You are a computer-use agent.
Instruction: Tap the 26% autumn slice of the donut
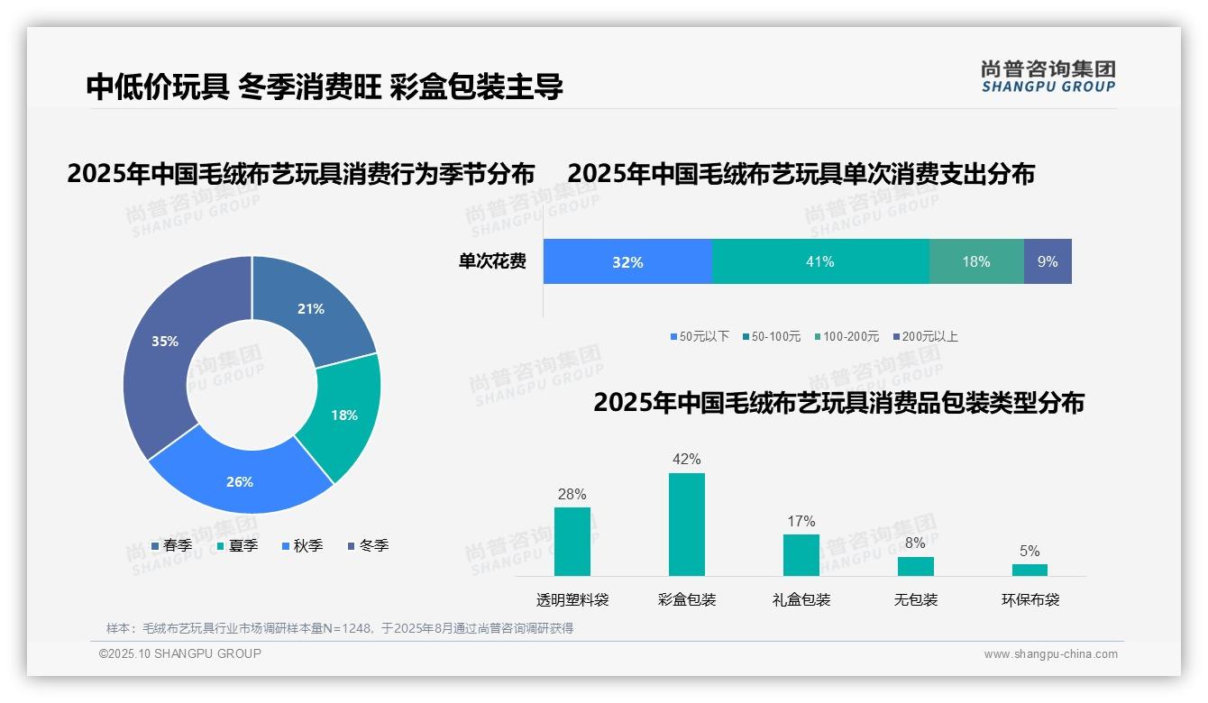click(x=239, y=478)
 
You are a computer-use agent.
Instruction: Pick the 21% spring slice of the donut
click(x=311, y=306)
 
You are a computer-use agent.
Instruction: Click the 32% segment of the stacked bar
click(x=627, y=261)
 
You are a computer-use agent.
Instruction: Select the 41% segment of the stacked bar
click(x=820, y=261)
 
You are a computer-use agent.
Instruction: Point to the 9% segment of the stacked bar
click(x=1048, y=261)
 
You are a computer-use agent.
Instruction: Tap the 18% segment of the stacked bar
click(x=976, y=261)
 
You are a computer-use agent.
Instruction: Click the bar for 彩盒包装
click(x=687, y=525)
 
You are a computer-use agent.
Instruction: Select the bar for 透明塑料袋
click(x=572, y=542)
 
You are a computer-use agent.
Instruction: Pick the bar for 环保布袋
click(x=1030, y=570)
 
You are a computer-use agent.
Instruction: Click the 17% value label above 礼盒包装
click(x=801, y=521)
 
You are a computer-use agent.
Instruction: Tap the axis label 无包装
click(x=916, y=599)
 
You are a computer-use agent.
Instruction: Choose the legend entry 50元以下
click(x=700, y=336)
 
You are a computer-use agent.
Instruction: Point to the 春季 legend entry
click(x=171, y=545)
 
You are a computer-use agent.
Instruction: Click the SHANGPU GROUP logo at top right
click(x=1048, y=77)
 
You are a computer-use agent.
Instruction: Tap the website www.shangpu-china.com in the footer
click(x=1050, y=653)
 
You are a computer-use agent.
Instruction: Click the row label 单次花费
click(x=492, y=261)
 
